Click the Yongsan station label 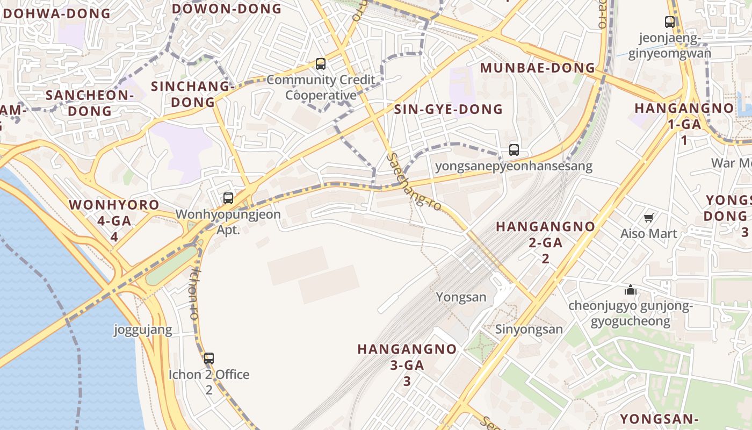click(461, 297)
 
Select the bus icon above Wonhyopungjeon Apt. click(228, 198)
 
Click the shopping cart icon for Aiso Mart click(648, 218)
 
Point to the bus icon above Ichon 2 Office click(209, 358)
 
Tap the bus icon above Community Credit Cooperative click(321, 64)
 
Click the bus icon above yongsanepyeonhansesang click(514, 150)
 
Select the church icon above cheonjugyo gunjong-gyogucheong click(630, 290)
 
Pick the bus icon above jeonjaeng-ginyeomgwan click(670, 22)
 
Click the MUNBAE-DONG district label click(538, 68)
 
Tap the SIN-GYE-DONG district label click(449, 110)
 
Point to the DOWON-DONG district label click(227, 9)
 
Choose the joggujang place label click(143, 329)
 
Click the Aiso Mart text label click(648, 234)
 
